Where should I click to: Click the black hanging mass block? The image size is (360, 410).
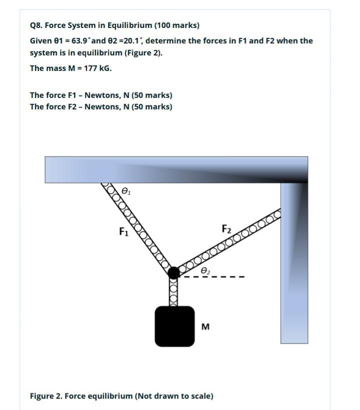click(174, 326)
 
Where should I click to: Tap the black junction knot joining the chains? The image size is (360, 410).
click(173, 273)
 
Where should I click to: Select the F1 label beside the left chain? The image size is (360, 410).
click(124, 232)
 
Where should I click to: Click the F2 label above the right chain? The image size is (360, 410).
click(226, 229)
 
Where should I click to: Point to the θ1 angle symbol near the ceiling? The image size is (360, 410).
click(126, 191)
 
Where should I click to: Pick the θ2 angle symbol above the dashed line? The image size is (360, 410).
click(205, 270)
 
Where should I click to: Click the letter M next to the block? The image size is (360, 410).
click(205, 327)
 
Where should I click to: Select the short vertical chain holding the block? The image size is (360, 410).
click(173, 292)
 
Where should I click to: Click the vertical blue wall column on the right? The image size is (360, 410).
click(294, 265)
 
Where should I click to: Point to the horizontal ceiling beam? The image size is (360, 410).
click(175, 169)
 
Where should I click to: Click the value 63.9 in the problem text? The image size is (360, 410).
click(80, 40)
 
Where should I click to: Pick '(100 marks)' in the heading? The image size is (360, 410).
click(177, 25)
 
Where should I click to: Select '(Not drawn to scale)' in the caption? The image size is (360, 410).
click(174, 396)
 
